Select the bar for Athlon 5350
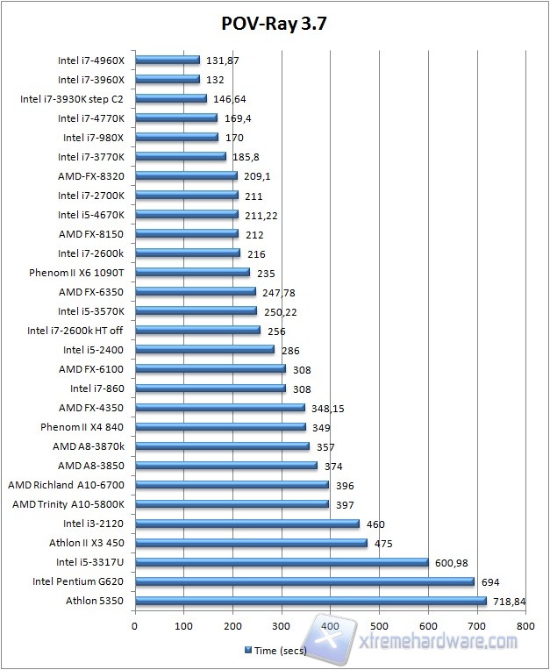pyautogui.click(x=310, y=601)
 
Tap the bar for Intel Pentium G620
pyautogui.click(x=304, y=581)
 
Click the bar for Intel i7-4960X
pyautogui.click(x=167, y=61)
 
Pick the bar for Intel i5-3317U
pyautogui.click(x=281, y=562)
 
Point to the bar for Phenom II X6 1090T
pyautogui.click(x=191, y=273)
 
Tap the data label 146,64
pyautogui.click(x=230, y=99)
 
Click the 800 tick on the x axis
pyautogui.click(x=525, y=626)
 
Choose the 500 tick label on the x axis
pyautogui.click(x=378, y=626)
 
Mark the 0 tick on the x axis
pyautogui.click(x=134, y=626)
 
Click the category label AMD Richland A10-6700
pyautogui.click(x=66, y=485)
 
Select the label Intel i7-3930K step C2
pyautogui.click(x=71, y=99)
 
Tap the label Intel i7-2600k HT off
pyautogui.click(x=75, y=331)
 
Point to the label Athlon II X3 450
pyautogui.click(x=86, y=543)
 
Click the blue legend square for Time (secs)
pyautogui.click(x=247, y=651)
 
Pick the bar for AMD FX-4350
pyautogui.click(x=219, y=408)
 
